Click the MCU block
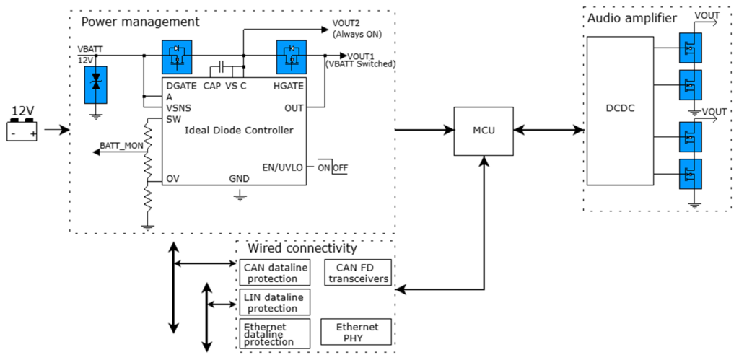pyautogui.click(x=483, y=131)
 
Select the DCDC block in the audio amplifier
pyautogui.click(x=620, y=110)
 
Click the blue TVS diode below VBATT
pyautogui.click(x=96, y=85)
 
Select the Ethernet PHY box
pyautogui.click(x=357, y=332)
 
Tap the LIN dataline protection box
pyautogui.click(x=275, y=302)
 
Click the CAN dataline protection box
pyautogui.click(x=275, y=273)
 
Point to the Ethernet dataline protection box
pyautogui.click(x=275, y=333)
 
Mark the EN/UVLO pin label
pyautogui.click(x=283, y=167)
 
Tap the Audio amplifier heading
pyautogui.click(x=632, y=18)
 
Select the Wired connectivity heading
pyautogui.click(x=302, y=248)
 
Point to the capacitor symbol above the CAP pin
pyautogui.click(x=222, y=66)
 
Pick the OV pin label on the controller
pyautogui.click(x=172, y=179)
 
